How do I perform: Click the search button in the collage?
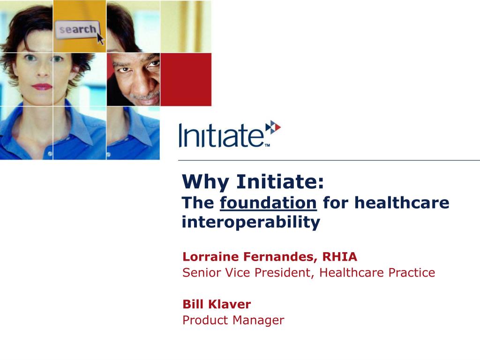pyautogui.click(x=77, y=30)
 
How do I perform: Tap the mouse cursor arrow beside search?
pyautogui.click(x=100, y=38)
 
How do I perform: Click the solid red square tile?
pyautogui.click(x=186, y=79)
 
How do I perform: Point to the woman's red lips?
pyautogui.click(x=42, y=87)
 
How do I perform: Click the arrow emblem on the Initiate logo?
pyautogui.click(x=273, y=127)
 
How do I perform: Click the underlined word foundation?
pyautogui.click(x=268, y=202)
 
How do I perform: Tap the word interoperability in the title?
pyautogui.click(x=251, y=222)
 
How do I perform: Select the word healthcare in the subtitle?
pyautogui.click(x=402, y=202)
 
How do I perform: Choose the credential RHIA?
pyautogui.click(x=339, y=256)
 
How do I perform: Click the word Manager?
pyautogui.click(x=258, y=320)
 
